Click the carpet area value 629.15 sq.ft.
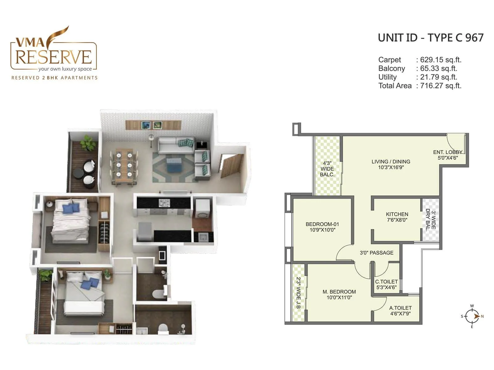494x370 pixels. pos(441,60)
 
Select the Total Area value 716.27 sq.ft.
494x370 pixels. pos(441,86)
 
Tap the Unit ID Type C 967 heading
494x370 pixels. pos(430,38)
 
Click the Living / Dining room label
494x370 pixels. pos(391,164)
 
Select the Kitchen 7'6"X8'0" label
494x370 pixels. pos(397,217)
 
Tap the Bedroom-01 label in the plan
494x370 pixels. pos(322,227)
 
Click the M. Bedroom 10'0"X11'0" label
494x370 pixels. pos(339,294)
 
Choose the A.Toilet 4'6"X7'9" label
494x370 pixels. pos(400,310)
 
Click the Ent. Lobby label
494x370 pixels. pos(447,155)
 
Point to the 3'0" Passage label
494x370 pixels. pos(376,253)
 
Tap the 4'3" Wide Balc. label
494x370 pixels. pos(327,169)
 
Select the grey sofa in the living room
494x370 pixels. pos(176,145)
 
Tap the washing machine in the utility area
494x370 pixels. pos(203,209)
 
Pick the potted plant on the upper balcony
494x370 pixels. pos(87,143)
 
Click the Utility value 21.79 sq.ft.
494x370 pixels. pos(438,77)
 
